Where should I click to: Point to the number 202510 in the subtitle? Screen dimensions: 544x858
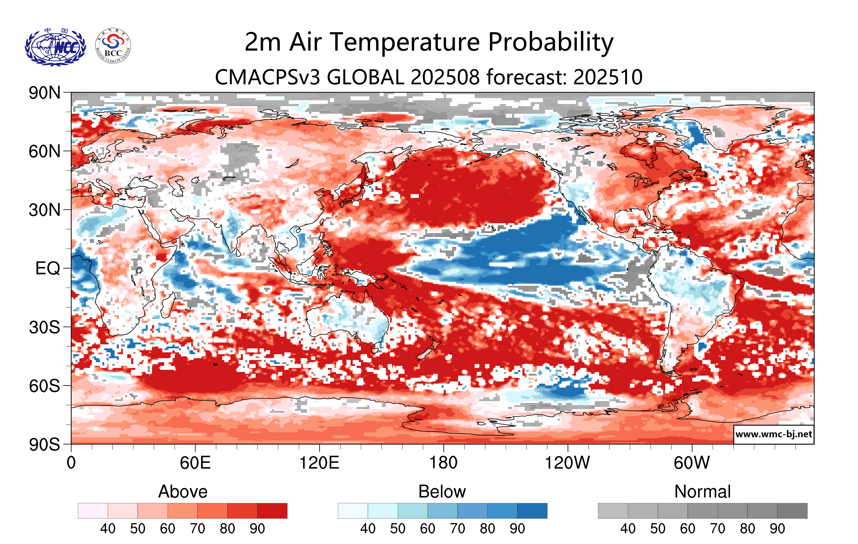tap(608, 77)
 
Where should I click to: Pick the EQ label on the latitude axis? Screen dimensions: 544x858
tap(48, 268)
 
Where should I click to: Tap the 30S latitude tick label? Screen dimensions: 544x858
tap(44, 327)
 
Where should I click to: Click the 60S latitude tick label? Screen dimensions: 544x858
tap(44, 386)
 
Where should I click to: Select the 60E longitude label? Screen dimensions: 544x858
tap(195, 463)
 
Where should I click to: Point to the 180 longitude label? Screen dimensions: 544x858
tap(443, 463)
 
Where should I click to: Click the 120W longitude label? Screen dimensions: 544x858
tap(567, 463)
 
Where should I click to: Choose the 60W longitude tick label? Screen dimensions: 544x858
tap(692, 463)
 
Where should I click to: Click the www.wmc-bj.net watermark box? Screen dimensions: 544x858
tap(773, 434)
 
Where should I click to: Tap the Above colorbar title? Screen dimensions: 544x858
tap(183, 492)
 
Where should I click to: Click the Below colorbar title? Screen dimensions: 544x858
tap(442, 492)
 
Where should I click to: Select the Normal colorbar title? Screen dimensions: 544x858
tap(702, 492)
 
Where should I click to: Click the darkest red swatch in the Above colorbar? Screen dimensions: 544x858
tap(272, 511)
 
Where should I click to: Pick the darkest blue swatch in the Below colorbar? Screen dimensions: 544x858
tap(532, 511)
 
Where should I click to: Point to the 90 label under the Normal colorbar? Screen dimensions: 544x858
tap(777, 529)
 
